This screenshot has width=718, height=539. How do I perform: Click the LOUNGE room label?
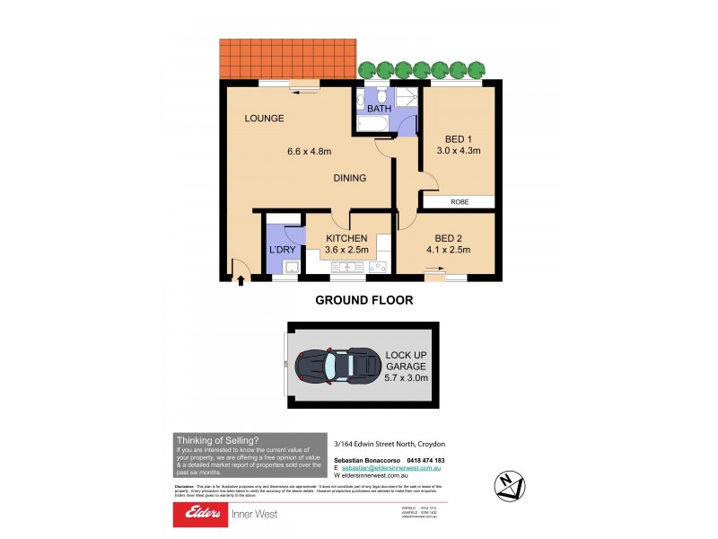264,119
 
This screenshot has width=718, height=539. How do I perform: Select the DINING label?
349,178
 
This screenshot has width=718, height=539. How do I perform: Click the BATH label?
377,109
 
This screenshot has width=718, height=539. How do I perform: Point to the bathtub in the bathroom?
372,124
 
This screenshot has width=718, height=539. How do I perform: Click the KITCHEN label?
346,237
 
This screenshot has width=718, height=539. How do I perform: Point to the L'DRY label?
283,251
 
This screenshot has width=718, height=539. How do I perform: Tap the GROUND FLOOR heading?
363,302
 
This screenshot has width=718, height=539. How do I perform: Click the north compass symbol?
510,486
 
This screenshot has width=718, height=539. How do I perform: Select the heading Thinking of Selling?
218,440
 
